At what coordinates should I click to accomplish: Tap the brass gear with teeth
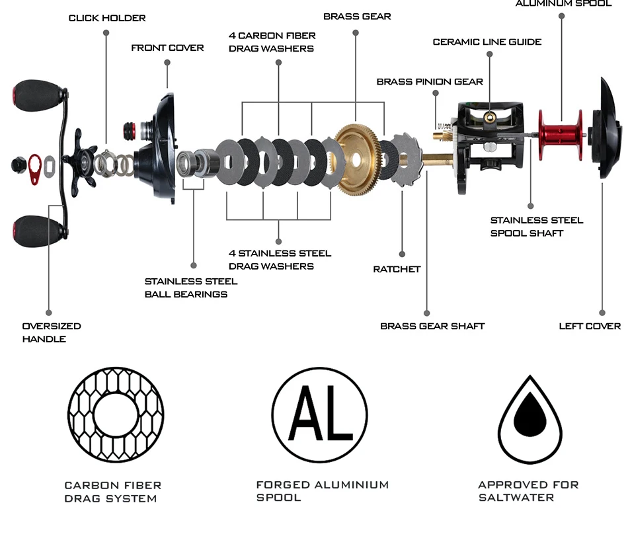[x=355, y=159]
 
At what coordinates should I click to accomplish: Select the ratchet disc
[x=405, y=160]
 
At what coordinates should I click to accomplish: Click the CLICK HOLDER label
[x=107, y=18]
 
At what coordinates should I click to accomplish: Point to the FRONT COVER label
[x=167, y=48]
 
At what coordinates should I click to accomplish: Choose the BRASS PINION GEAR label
[x=430, y=82]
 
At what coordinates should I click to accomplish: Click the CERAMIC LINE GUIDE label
[x=487, y=42]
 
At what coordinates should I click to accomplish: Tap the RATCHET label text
[x=397, y=269]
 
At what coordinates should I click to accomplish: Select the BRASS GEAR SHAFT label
[x=432, y=326]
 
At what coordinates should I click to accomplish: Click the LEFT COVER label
[x=590, y=326]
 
